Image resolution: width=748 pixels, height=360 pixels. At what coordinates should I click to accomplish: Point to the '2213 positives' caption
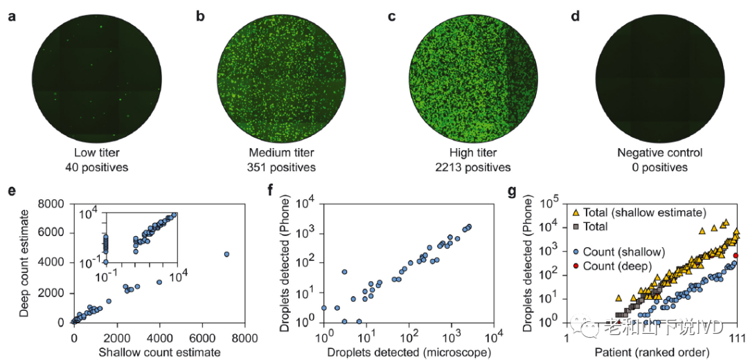tap(469, 167)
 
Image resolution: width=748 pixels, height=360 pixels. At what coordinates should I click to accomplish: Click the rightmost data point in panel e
tap(226, 255)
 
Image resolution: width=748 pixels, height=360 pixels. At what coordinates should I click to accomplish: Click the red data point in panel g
tap(736, 255)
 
